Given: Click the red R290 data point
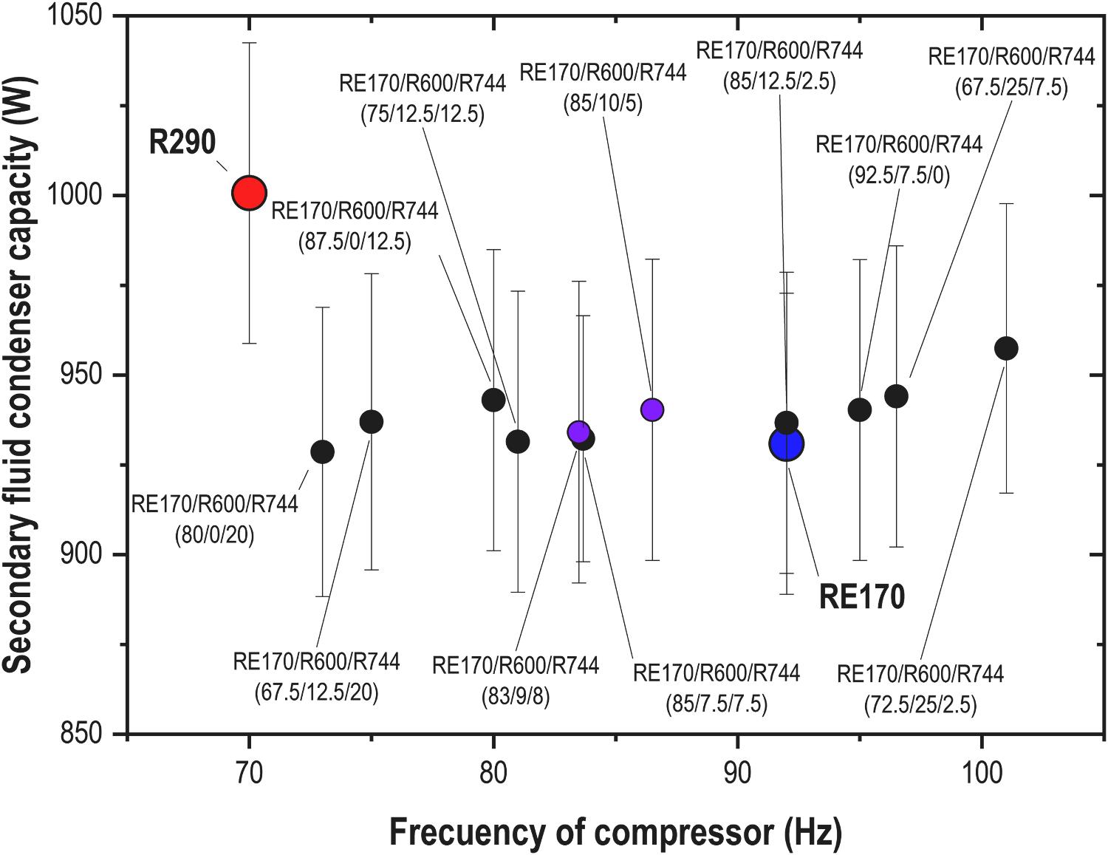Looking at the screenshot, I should point(249,193).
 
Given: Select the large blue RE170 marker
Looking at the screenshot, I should point(787,444).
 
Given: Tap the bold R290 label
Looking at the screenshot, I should point(183,142).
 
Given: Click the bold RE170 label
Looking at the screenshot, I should point(861,596).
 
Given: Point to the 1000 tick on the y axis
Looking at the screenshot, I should point(81,196).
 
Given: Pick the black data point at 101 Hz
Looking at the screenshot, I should point(1006,348).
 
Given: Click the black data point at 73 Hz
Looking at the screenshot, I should point(322,452).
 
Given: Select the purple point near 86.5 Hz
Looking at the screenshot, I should point(652,409).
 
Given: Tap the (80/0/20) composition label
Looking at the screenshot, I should point(214,534).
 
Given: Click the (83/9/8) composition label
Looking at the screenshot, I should point(516,696).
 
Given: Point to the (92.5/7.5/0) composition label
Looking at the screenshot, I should point(899,174).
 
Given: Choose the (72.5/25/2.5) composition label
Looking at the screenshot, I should point(920,705).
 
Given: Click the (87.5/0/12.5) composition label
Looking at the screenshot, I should point(355,242).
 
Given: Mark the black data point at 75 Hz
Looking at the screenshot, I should point(371,422).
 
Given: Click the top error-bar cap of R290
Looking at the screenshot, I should point(249,43).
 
